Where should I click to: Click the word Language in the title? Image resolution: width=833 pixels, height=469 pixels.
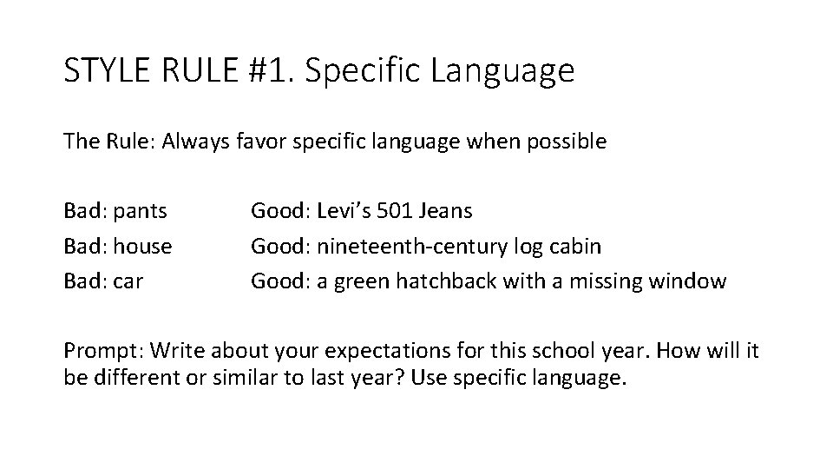tap(507, 71)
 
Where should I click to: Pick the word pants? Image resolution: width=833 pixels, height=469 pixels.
tap(140, 210)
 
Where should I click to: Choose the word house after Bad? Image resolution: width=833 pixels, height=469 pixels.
tap(142, 246)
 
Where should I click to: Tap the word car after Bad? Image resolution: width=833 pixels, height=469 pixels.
tap(127, 281)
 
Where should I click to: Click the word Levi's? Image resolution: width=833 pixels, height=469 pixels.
tap(344, 210)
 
